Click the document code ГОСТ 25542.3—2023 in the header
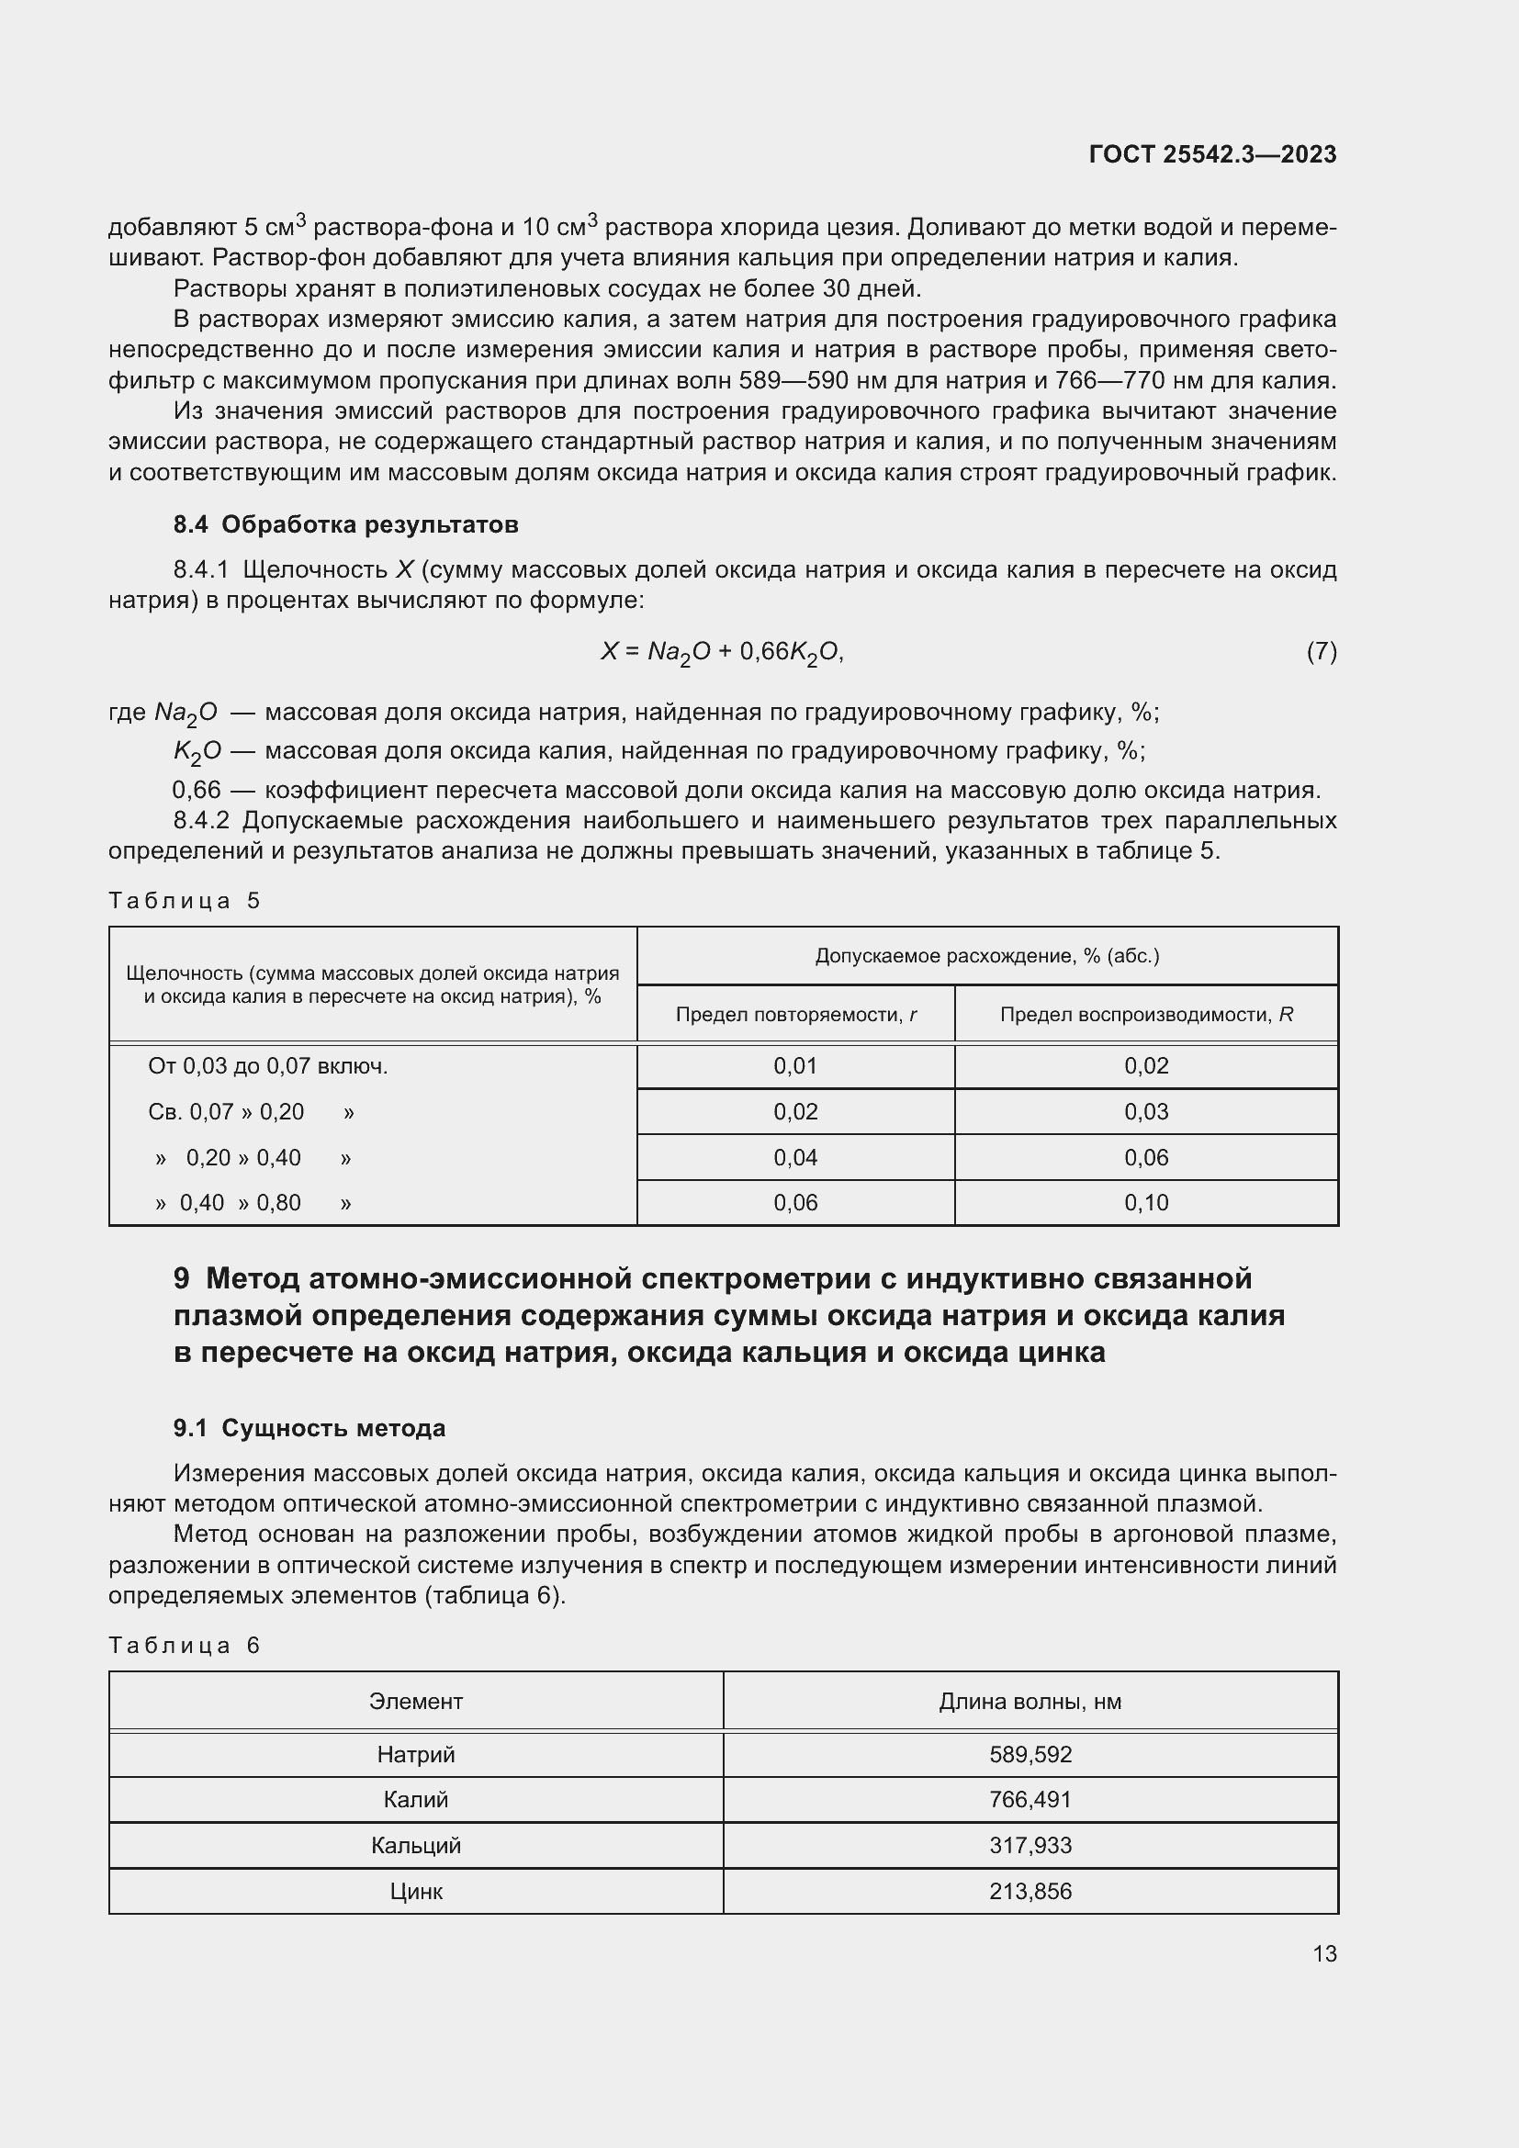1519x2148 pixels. tap(1212, 154)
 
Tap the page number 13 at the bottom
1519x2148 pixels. tap(1324, 1953)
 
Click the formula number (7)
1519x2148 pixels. tap(1321, 651)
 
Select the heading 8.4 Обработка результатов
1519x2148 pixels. tap(345, 525)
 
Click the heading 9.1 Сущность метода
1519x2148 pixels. tap(309, 1429)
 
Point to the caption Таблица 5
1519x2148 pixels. tap(185, 901)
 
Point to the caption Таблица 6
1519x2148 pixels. tap(185, 1646)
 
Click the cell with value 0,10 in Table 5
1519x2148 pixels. tap(1146, 1203)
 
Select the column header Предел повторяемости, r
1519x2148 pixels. tap(795, 1015)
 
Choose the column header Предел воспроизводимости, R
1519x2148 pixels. tap(1146, 1015)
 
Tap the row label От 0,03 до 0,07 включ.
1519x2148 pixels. tap(267, 1066)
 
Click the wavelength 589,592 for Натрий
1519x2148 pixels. tap(1030, 1755)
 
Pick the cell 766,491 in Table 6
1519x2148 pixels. tap(1030, 1800)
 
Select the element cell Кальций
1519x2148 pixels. tap(415, 1846)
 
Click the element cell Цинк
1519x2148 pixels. tap(415, 1892)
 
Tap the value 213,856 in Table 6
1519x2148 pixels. tap(1030, 1892)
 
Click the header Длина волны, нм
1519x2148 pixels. tap(1030, 1702)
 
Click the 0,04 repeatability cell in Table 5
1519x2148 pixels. tap(795, 1158)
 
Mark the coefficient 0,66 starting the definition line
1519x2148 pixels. tap(197, 791)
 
